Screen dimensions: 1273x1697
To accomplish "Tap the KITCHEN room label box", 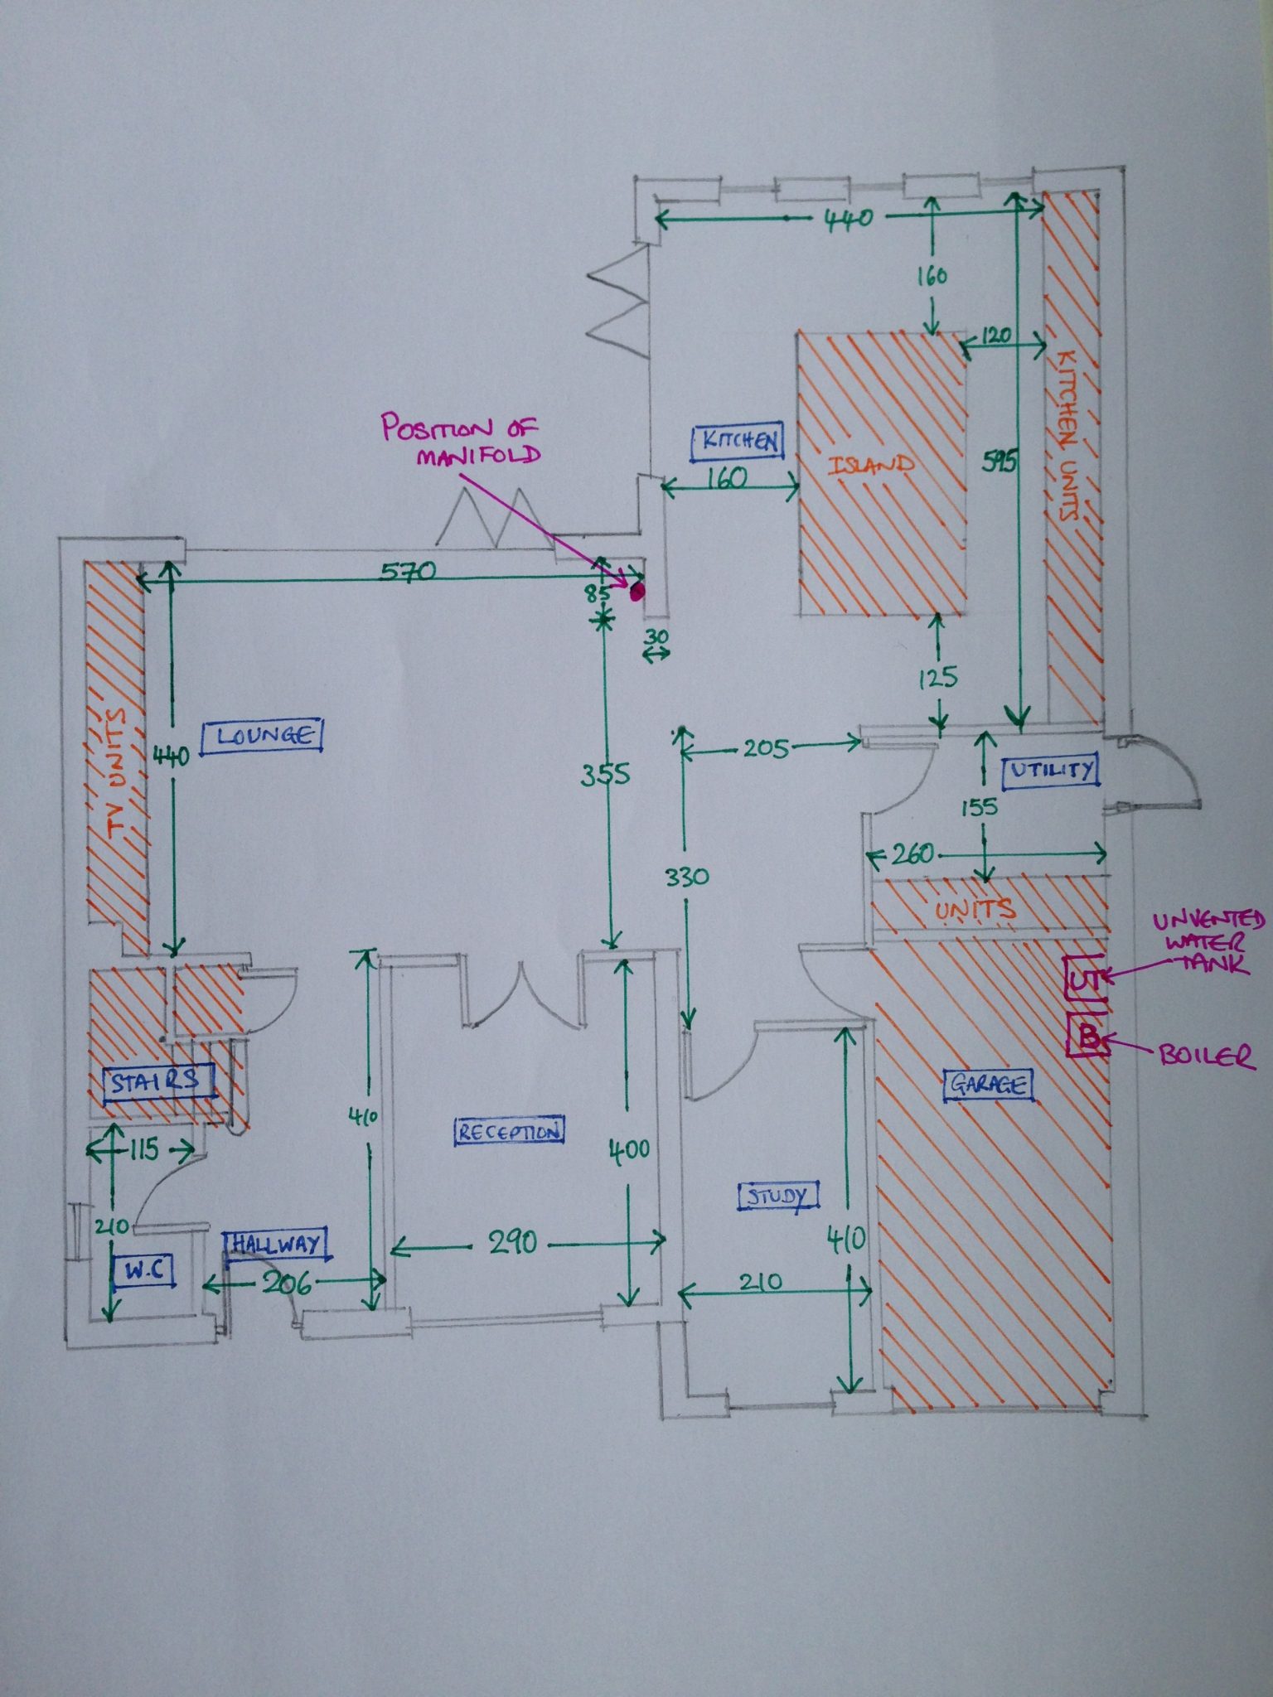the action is (x=737, y=442).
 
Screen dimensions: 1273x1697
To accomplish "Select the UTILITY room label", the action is (x=1050, y=771).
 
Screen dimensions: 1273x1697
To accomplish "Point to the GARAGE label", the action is (x=988, y=1083).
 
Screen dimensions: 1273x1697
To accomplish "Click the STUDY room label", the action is (x=777, y=1196).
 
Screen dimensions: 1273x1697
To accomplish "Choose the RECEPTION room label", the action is (x=509, y=1131).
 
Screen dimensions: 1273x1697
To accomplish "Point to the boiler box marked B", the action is (x=1087, y=1037).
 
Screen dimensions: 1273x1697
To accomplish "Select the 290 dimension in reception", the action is (x=512, y=1242).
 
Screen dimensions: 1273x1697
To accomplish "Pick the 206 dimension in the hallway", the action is (x=288, y=1284).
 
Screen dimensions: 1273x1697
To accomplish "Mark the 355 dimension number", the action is (x=605, y=775).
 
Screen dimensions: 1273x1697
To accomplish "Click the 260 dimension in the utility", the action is (x=912, y=853).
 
